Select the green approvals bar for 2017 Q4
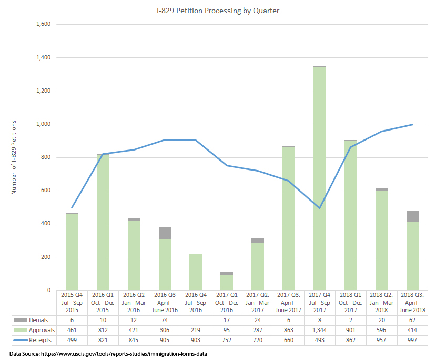tap(320, 179)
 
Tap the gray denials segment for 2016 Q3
tap(165, 233)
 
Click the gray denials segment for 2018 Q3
tap(412, 216)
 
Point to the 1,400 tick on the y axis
tap(43, 57)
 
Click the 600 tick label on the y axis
tap(46, 191)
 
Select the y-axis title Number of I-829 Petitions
tap(14, 157)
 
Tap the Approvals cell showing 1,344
tap(320, 329)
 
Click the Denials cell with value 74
tap(165, 319)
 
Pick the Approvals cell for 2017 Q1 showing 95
tap(227, 329)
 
